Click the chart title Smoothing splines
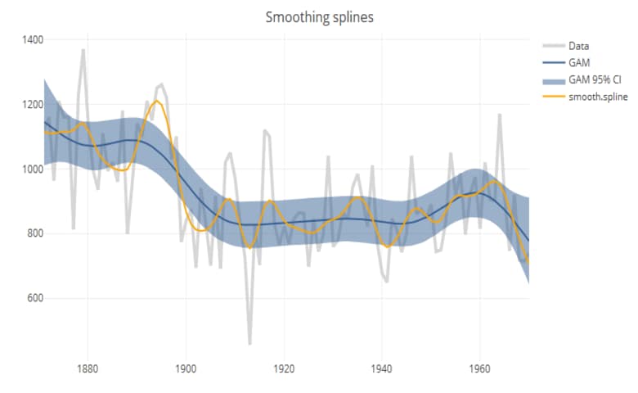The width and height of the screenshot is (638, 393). click(320, 17)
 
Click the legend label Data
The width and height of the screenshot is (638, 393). click(578, 47)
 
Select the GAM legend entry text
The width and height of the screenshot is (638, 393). click(579, 63)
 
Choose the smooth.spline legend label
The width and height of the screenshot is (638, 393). click(598, 97)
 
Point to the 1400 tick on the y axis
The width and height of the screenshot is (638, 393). click(33, 39)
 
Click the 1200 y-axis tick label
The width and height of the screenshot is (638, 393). click(33, 104)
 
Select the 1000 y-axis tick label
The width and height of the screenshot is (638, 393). click(33, 169)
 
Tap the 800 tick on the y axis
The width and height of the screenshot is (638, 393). click(35, 233)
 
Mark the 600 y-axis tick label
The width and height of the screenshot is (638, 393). click(35, 298)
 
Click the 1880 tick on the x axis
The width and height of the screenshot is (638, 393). click(88, 368)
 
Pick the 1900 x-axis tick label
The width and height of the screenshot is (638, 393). click(186, 368)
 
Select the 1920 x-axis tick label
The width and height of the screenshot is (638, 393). click(284, 368)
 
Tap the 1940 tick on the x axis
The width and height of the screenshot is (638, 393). click(382, 368)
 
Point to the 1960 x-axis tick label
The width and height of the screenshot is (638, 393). click(480, 368)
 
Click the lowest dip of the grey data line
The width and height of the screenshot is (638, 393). click(249, 343)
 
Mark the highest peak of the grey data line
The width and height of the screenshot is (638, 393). click(83, 50)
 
